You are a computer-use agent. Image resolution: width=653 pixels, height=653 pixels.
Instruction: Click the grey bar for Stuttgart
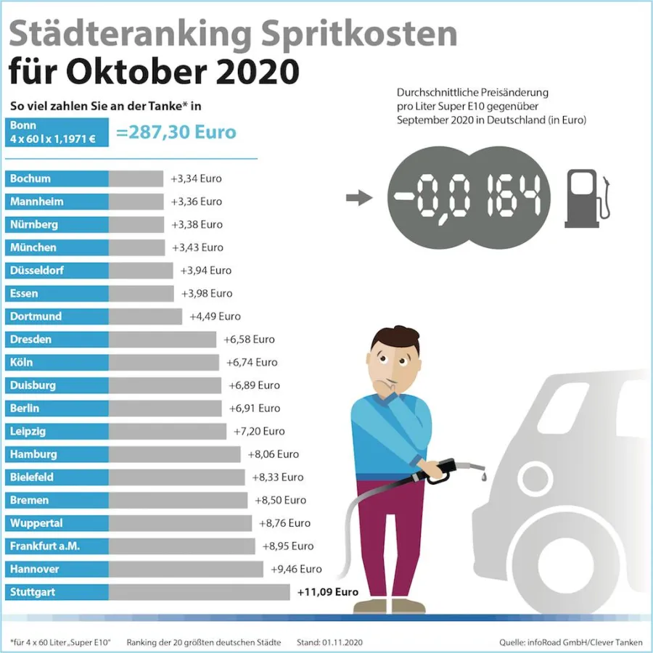pyautogui.click(x=199, y=592)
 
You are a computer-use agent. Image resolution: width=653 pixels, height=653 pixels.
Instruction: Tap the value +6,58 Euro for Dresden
pyautogui.click(x=249, y=340)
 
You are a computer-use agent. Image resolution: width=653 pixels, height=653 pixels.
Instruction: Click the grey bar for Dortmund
pyautogui.click(x=145, y=316)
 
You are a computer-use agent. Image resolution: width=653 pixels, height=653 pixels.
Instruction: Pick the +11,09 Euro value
pyautogui.click(x=328, y=592)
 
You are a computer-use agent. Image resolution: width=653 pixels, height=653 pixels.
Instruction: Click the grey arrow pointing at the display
pyautogui.click(x=359, y=197)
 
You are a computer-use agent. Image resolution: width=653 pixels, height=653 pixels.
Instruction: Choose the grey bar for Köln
pyautogui.click(x=163, y=362)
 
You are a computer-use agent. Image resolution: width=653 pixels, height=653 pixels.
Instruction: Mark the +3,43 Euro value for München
pyautogui.click(x=197, y=247)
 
